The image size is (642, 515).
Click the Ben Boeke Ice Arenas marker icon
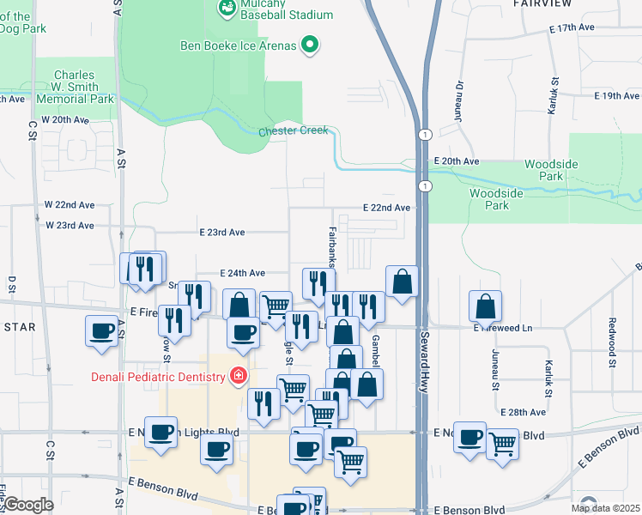[x=311, y=45]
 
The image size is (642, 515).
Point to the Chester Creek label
[x=294, y=130]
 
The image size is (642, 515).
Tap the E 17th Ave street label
[x=572, y=28]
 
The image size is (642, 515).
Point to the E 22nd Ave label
[x=385, y=208]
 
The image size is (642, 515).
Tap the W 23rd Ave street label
[x=68, y=226]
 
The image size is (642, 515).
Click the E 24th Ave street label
[x=242, y=273]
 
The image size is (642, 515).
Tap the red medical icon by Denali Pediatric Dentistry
[x=237, y=376]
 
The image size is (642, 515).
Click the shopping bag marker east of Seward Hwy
[x=485, y=306]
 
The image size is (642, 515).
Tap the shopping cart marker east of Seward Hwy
[x=502, y=444]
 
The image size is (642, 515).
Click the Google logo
[x=29, y=505]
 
